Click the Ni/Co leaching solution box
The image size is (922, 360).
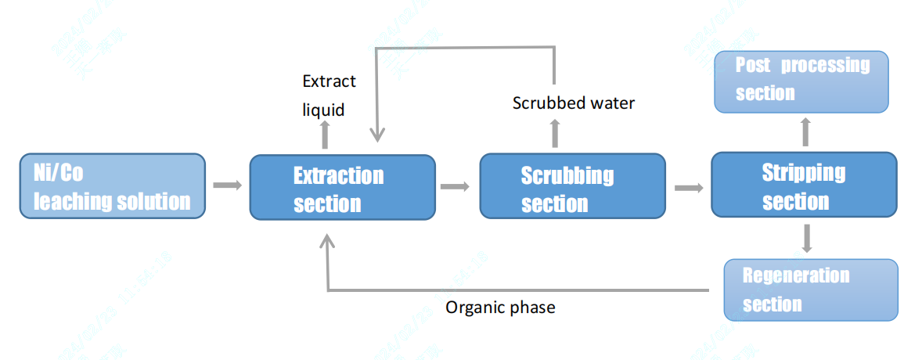[113, 185]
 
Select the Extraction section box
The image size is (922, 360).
[342, 187]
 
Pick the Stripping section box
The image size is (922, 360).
[804, 185]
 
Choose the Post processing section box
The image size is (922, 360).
[802, 81]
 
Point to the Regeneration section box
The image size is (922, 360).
[810, 290]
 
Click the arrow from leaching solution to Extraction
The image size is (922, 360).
[227, 185]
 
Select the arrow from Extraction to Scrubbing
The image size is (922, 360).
[455, 186]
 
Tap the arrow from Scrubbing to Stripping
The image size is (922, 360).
[688, 187]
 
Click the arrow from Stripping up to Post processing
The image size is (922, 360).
[805, 132]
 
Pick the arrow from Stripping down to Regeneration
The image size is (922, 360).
[807, 239]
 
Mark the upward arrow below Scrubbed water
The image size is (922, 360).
[555, 134]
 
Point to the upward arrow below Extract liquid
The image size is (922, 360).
[326, 136]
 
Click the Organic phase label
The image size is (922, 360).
[500, 308]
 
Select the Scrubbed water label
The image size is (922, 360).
[574, 103]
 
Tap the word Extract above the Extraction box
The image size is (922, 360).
[329, 81]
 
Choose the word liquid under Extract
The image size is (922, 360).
[323, 110]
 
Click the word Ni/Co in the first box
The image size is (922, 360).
[59, 172]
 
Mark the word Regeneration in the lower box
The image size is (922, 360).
[796, 275]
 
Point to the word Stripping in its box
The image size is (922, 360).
[804, 172]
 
